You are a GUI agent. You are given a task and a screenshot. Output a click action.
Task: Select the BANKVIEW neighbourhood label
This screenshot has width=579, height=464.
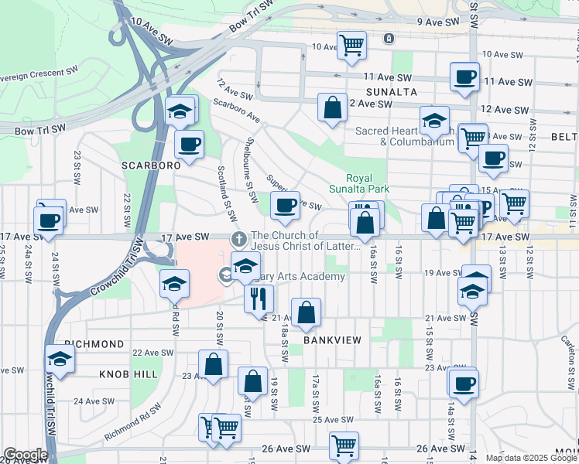pyautogui.click(x=333, y=339)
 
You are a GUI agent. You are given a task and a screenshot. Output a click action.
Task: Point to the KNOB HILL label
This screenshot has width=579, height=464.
pyautogui.click(x=128, y=374)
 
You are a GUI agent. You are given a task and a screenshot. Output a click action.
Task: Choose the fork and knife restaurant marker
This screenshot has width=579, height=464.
pyautogui.click(x=259, y=297)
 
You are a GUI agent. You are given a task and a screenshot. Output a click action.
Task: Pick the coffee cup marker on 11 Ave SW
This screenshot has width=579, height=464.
pyautogui.click(x=464, y=77)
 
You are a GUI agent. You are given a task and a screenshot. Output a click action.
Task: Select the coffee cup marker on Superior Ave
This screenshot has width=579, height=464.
pyautogui.click(x=285, y=205)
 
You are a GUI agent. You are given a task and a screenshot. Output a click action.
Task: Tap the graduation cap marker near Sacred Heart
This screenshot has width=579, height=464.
pyautogui.click(x=434, y=120)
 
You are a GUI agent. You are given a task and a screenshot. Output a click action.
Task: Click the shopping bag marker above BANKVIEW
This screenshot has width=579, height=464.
pyautogui.click(x=307, y=312)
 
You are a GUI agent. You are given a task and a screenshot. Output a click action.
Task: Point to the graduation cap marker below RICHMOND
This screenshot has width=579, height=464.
pyautogui.click(x=59, y=360)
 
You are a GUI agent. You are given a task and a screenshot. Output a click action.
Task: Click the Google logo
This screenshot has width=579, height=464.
pyautogui.click(x=26, y=455)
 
